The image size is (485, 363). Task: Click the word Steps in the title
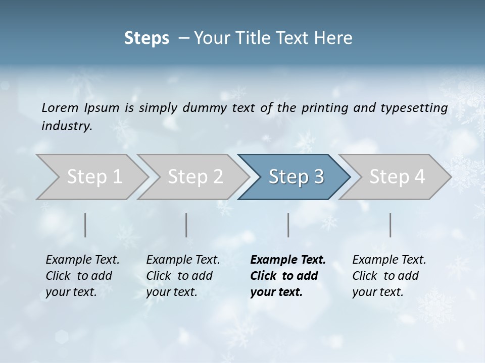coord(147,38)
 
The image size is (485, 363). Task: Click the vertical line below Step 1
coord(85,225)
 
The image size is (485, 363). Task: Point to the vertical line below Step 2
coord(186,225)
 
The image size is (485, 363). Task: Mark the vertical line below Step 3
coord(288,225)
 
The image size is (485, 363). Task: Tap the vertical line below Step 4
coord(391,225)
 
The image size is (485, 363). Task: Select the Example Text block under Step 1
coord(82,275)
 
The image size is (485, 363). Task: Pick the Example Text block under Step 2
coord(183,275)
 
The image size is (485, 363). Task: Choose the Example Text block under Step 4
coord(389,275)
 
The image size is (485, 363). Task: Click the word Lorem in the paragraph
coord(60,108)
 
